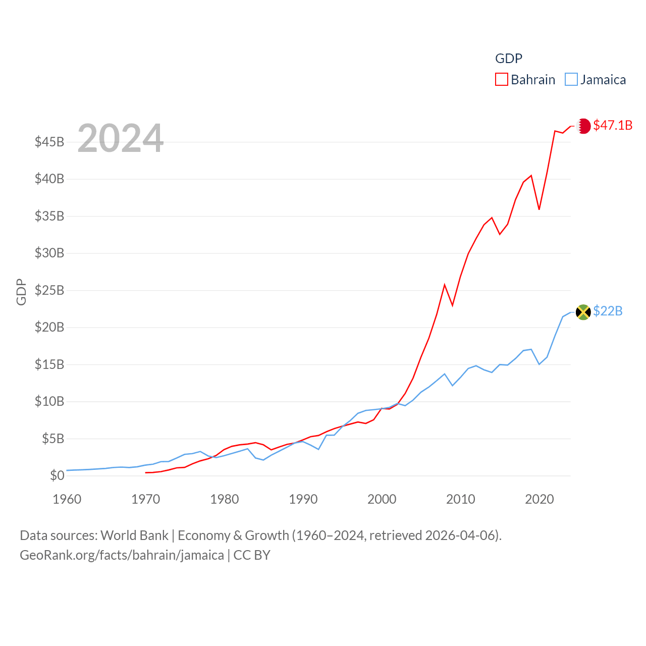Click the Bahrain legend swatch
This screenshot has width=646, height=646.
tap(501, 80)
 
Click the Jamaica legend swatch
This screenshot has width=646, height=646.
tap(571, 80)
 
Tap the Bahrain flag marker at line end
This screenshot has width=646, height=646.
tap(583, 126)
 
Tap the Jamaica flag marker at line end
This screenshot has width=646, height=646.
tap(583, 312)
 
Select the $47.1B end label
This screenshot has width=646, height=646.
tap(613, 125)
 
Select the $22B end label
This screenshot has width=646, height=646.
tap(608, 311)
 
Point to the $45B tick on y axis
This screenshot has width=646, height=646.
tap(49, 142)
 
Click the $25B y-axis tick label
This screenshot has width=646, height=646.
tap(49, 290)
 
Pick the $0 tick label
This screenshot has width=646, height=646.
tap(57, 475)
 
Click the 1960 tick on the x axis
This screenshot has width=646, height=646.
tap(67, 499)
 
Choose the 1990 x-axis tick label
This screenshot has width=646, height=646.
tap(303, 499)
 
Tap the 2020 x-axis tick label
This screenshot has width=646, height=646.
tap(540, 499)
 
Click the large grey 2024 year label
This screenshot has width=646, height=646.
tap(121, 138)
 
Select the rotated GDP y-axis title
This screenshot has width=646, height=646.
tap(21, 292)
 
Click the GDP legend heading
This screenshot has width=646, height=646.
tap(509, 59)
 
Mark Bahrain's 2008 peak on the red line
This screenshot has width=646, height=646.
tap(445, 285)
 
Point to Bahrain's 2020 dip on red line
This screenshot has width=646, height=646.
tap(539, 209)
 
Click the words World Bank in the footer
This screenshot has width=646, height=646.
tap(134, 535)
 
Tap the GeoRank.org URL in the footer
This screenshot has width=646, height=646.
tap(122, 555)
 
